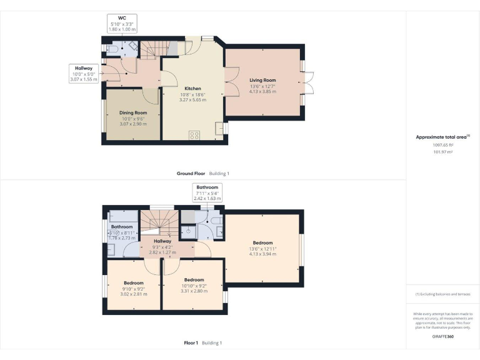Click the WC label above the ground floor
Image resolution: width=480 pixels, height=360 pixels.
coord(122,18)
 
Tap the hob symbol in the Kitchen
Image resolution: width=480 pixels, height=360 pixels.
coord(194,134)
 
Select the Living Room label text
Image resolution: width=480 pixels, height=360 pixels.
coord(262,81)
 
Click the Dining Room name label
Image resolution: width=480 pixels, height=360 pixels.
coord(133,113)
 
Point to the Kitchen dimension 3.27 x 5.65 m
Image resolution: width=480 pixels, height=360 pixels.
coord(192,100)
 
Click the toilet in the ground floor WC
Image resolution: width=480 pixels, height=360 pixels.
coord(111,48)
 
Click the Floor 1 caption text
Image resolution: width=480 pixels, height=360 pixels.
coord(191,342)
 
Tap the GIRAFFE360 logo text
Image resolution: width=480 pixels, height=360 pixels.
coord(442,336)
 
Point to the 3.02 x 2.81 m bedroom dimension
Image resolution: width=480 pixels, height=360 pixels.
coord(133,293)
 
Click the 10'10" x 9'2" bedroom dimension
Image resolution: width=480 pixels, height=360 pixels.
coord(194,285)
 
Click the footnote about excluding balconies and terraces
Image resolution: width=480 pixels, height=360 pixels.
coord(442,294)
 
